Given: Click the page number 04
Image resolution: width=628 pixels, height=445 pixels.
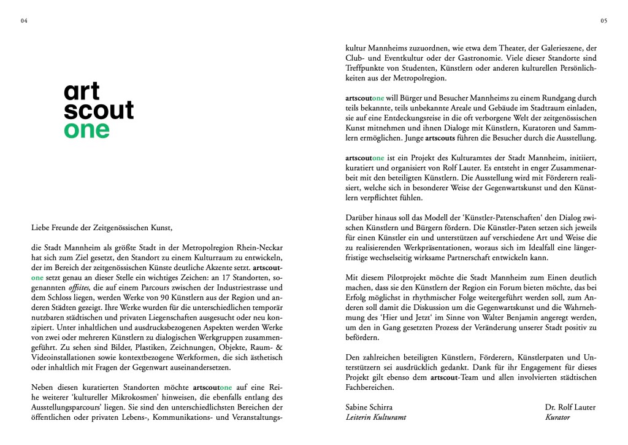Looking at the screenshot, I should tap(24, 21).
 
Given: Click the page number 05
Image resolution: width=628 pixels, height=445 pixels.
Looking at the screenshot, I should tap(603, 21).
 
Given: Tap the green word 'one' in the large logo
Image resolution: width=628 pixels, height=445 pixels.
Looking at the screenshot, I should tap(86, 129).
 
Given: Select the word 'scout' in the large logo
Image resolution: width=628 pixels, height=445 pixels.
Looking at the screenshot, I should tap(98, 110).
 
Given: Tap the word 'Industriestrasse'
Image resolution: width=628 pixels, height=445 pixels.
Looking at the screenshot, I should tap(241, 288).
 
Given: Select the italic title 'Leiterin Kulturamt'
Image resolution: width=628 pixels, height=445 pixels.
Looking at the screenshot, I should tap(376, 418).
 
